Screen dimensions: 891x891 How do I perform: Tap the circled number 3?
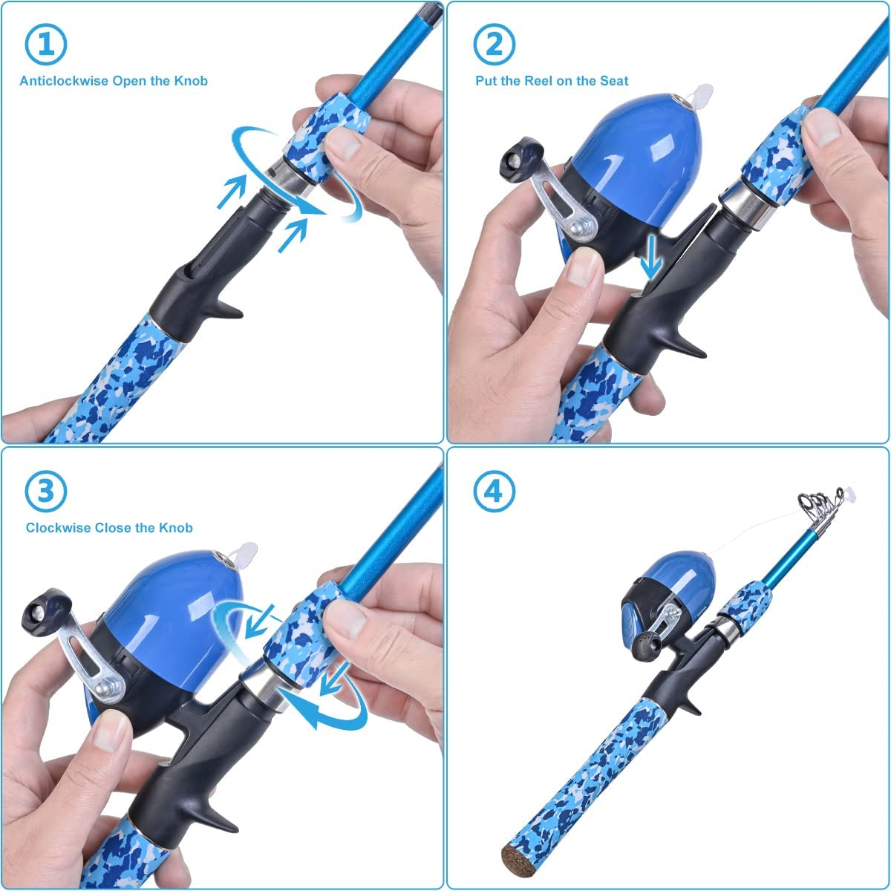pos(45,491)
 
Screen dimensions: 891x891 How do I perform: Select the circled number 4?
pos(494,491)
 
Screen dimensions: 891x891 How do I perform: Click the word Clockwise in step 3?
pos(58,528)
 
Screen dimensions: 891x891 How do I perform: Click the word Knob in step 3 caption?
pos(175,528)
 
